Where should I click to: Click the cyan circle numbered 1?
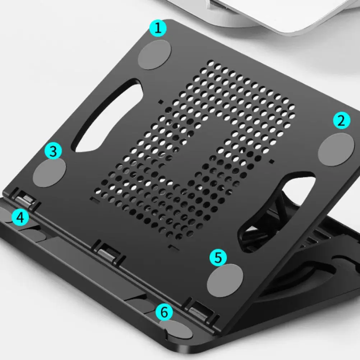(158, 28)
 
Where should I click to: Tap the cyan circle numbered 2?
(342, 120)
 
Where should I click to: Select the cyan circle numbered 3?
(53, 151)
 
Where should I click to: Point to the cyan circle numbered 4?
(20, 217)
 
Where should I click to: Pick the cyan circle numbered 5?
(218, 257)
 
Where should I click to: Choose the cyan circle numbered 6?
(164, 312)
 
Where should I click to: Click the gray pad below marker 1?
(154, 55)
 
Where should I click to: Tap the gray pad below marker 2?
(336, 149)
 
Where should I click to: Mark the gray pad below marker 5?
(225, 280)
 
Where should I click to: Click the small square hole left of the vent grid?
(161, 102)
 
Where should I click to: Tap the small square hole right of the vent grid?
(272, 161)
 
